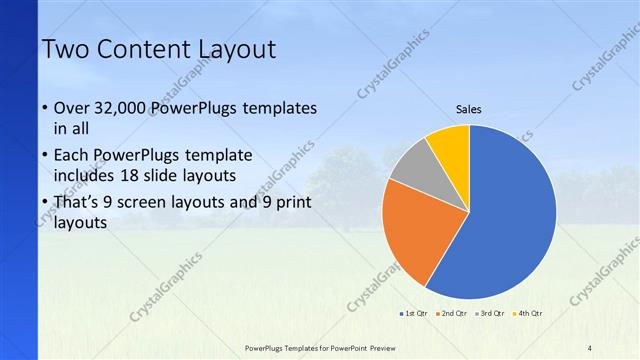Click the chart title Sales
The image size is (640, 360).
468,109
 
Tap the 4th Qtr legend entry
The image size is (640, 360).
528,314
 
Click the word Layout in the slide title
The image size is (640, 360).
234,49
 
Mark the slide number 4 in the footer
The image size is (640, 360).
590,348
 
